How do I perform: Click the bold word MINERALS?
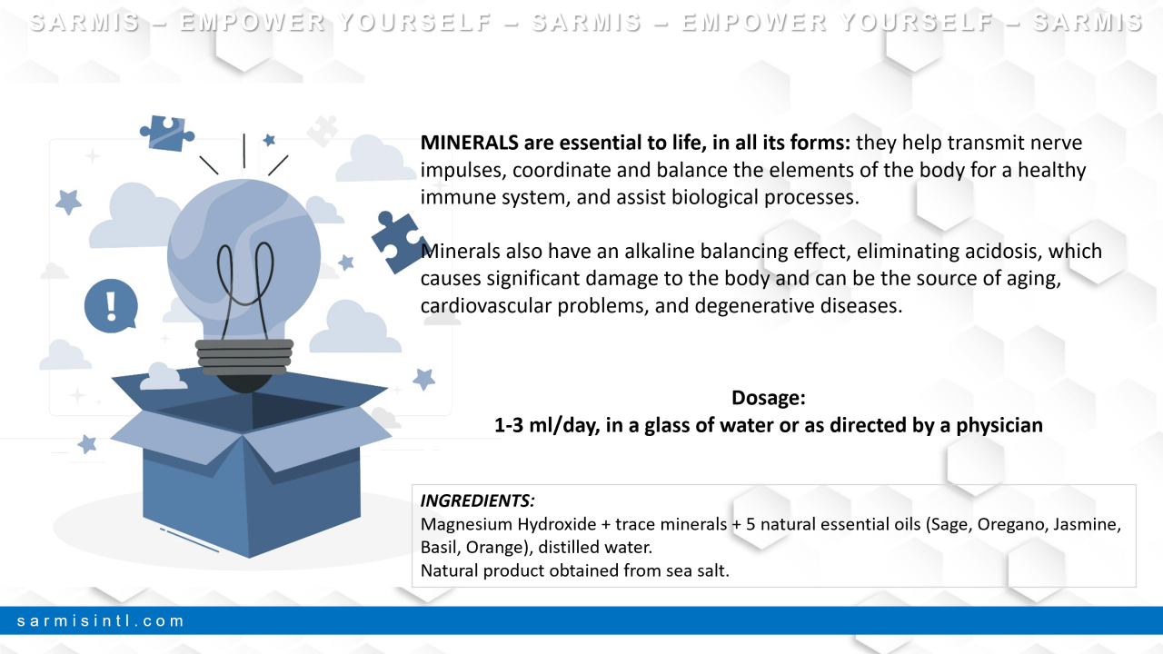(x=470, y=143)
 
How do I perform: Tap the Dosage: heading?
(x=769, y=398)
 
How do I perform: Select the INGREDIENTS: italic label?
(x=477, y=500)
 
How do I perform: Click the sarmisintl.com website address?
(x=100, y=620)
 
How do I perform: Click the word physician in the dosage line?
(x=999, y=426)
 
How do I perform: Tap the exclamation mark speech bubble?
(x=111, y=306)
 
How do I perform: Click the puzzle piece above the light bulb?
(x=166, y=134)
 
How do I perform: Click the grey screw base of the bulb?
(x=244, y=357)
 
